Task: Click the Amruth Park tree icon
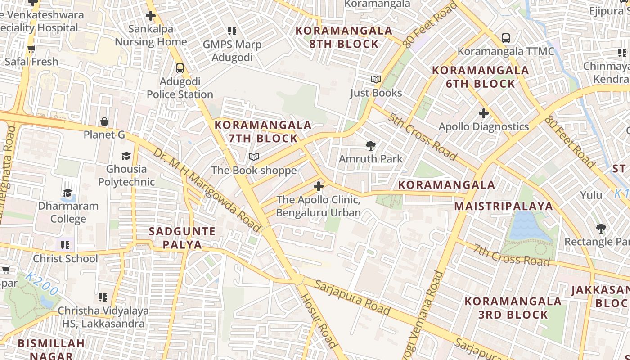click(370, 145)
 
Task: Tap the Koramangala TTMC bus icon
click(506, 38)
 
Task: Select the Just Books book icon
click(376, 80)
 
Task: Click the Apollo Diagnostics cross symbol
click(483, 113)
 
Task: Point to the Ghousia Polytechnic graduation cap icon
click(126, 156)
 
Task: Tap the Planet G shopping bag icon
click(104, 121)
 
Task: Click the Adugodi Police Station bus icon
click(180, 68)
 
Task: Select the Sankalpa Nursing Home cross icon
click(151, 16)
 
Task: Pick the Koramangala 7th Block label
click(263, 131)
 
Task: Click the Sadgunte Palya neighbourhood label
click(182, 238)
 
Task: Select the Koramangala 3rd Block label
click(513, 307)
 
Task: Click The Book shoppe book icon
click(254, 157)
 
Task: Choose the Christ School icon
click(65, 245)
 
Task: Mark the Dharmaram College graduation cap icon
click(67, 193)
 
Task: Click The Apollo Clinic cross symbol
click(319, 186)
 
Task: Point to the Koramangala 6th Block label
click(480, 77)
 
